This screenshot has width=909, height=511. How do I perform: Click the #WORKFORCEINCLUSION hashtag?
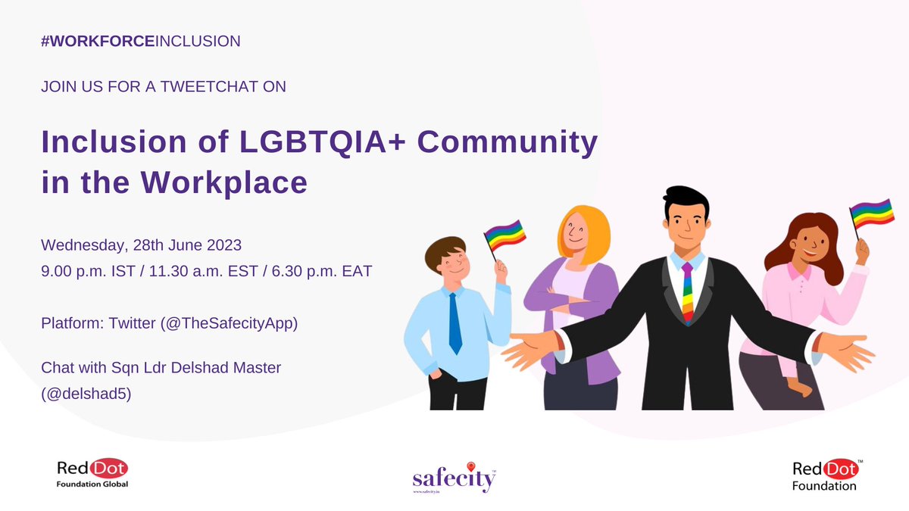(x=141, y=41)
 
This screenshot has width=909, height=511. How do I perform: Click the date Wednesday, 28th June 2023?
(x=141, y=245)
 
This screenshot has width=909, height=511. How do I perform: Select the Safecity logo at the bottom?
(x=454, y=478)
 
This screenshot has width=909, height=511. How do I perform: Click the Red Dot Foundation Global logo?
(x=92, y=473)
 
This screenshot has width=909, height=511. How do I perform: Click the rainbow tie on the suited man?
(x=687, y=292)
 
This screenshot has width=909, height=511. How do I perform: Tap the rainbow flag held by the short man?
(x=504, y=235)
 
